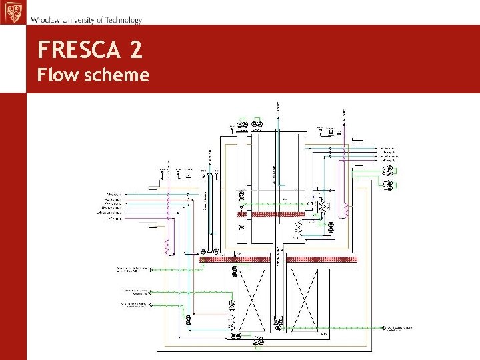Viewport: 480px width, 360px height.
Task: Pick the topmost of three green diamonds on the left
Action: (x=151, y=270)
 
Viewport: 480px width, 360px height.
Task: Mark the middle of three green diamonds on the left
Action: (x=151, y=291)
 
